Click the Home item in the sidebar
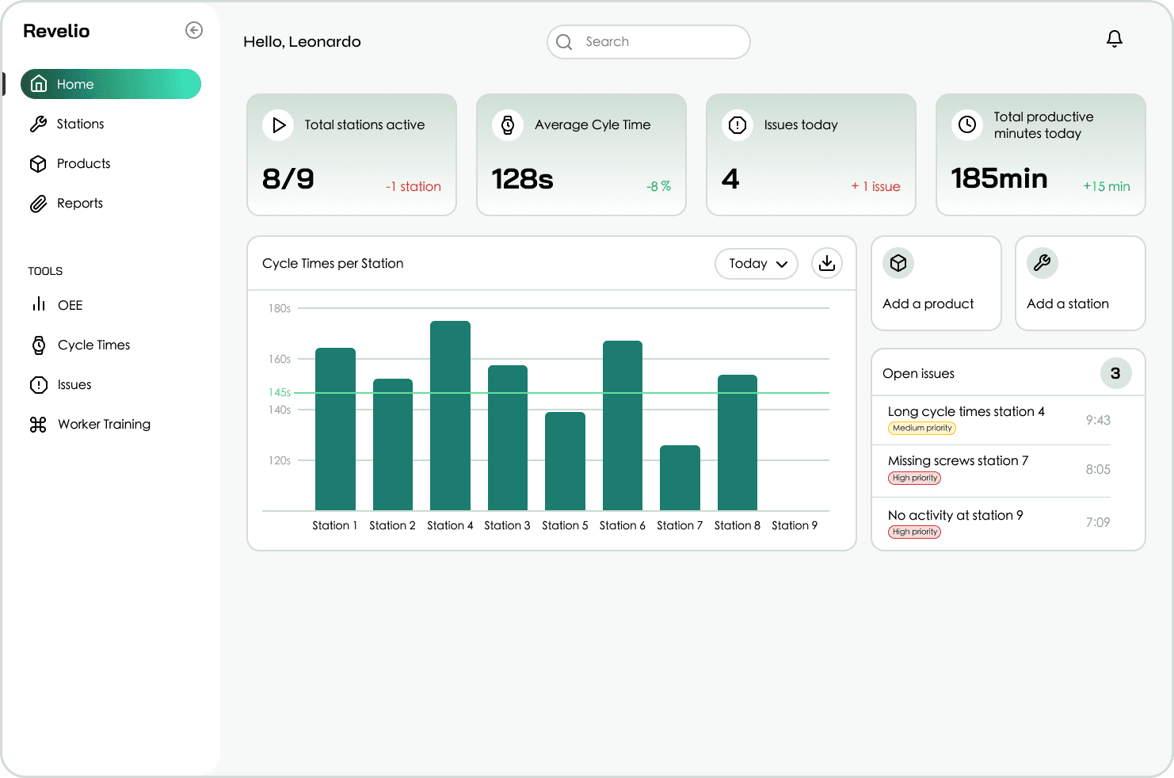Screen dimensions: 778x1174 tap(110, 84)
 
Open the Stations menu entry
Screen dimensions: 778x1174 tap(79, 124)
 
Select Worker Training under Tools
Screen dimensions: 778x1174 tap(103, 424)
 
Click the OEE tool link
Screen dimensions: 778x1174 tap(69, 305)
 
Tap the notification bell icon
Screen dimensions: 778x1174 tap(1114, 39)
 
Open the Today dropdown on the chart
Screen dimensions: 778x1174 tap(757, 264)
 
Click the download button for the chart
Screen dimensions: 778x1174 tap(826, 263)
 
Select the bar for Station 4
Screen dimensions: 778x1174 tap(450, 415)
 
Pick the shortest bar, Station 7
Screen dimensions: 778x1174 tap(680, 478)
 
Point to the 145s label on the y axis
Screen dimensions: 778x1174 tap(279, 392)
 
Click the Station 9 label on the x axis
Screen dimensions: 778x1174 tap(794, 525)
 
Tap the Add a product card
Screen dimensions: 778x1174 tap(936, 283)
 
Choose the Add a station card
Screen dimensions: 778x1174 tap(1080, 283)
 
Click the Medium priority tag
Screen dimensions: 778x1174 tap(922, 428)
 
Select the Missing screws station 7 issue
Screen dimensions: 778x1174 tap(958, 460)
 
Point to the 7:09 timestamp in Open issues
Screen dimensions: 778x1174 tap(1097, 522)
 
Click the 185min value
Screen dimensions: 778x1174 tap(999, 178)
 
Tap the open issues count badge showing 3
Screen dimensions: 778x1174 tap(1115, 373)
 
